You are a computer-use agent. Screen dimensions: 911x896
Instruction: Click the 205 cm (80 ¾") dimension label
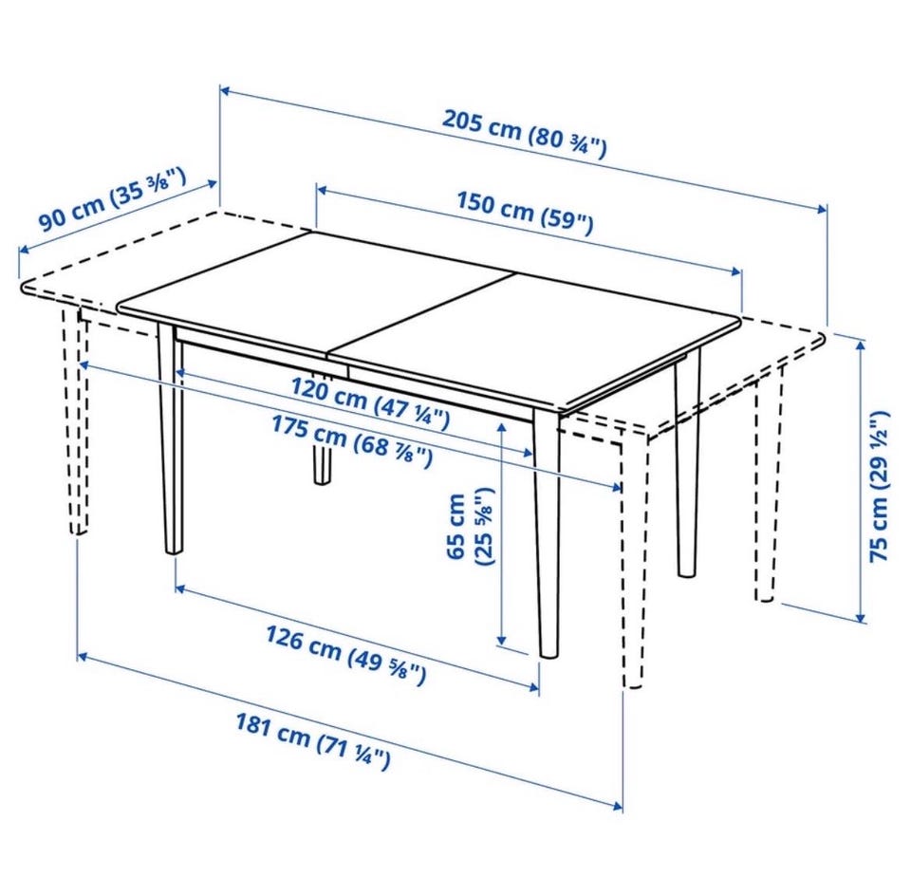525,133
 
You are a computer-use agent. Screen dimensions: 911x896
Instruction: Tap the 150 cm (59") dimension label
525,212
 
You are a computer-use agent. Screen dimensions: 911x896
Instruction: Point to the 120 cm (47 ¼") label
370,402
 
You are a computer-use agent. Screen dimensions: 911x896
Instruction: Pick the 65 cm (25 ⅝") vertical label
470,527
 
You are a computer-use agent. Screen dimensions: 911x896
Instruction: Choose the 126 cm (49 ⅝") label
346,654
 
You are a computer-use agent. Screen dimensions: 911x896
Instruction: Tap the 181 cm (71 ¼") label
312,741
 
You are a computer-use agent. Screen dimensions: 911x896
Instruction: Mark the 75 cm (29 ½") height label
880,486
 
